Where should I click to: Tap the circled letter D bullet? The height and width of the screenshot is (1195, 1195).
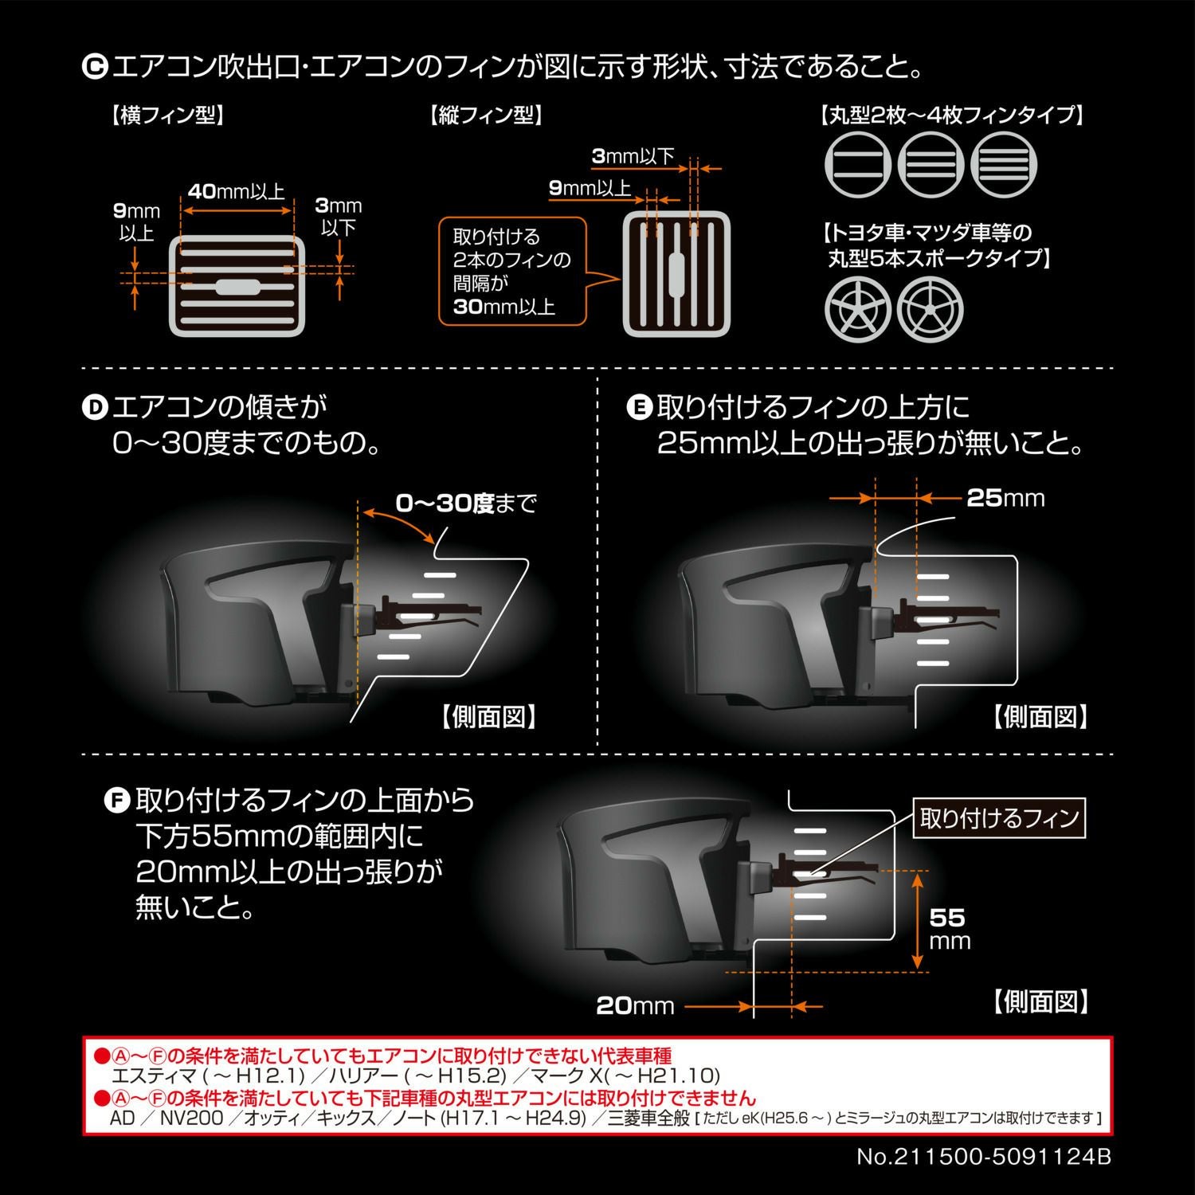[95, 408]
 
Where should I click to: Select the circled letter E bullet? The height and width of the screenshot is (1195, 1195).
[639, 408]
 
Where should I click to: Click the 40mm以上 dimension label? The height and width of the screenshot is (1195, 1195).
[237, 192]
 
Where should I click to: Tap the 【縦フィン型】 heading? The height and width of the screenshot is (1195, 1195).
[486, 116]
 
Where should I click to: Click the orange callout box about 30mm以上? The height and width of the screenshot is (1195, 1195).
[512, 272]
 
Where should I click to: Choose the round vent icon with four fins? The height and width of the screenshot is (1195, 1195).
[1005, 165]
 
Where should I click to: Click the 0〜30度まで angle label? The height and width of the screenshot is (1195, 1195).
[467, 503]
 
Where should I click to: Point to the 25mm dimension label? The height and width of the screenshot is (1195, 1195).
[1005, 498]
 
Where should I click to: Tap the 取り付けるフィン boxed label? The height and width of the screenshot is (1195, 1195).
[999, 818]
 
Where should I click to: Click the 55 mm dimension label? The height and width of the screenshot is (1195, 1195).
[949, 929]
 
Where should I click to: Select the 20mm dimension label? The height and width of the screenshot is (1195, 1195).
[635, 1006]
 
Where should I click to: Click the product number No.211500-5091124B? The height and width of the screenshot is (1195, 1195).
[983, 1157]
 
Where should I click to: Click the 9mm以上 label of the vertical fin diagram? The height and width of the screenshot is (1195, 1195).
[590, 189]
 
